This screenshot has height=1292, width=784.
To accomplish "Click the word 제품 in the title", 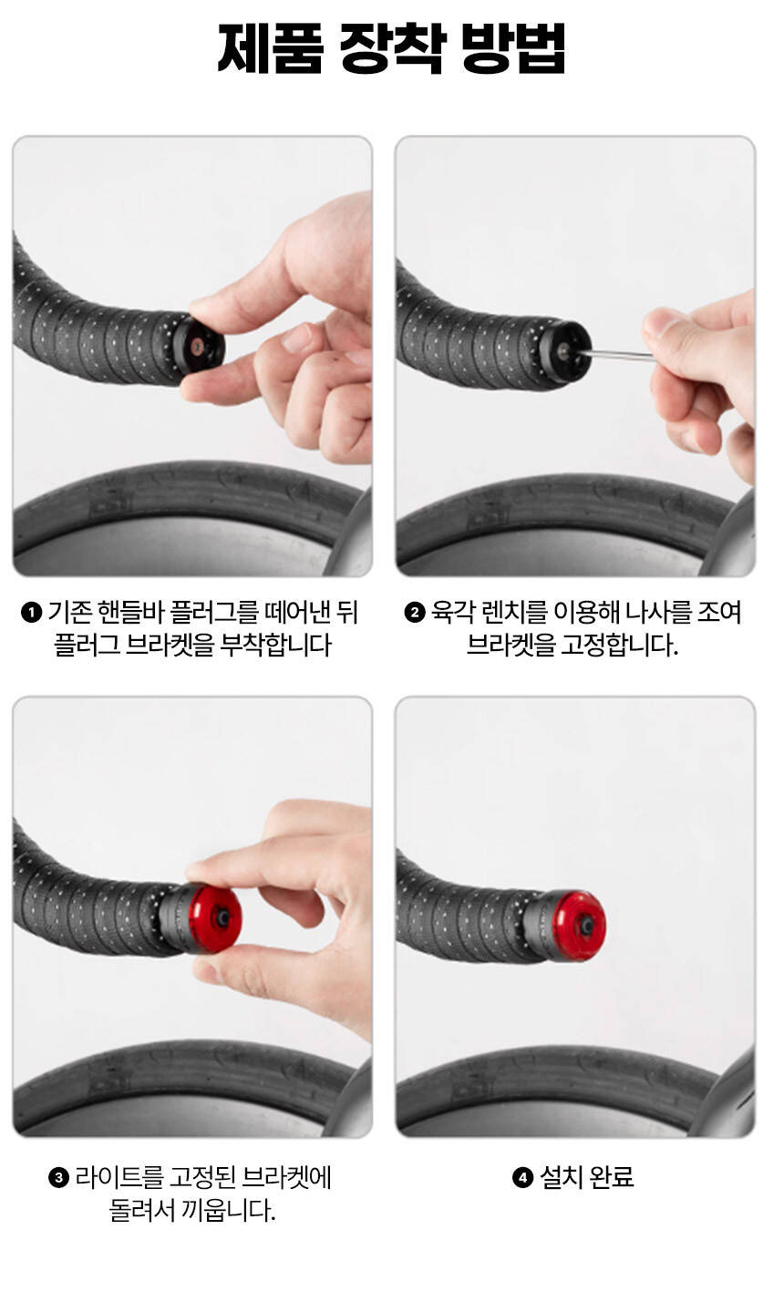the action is (270, 49).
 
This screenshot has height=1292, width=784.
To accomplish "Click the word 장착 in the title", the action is (393, 49).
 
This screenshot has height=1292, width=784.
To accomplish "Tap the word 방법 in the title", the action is (513, 49).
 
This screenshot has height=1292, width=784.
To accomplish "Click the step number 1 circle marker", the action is (31, 612).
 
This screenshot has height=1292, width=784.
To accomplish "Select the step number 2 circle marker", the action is (414, 612).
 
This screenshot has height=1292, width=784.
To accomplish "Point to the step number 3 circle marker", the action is (59, 1177).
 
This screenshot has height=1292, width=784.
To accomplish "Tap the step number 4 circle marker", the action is (522, 1177).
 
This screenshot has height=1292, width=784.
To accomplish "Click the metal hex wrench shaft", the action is (615, 354).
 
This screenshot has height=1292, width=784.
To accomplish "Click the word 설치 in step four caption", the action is (560, 1177).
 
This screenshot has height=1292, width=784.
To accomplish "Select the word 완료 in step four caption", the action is (612, 1177).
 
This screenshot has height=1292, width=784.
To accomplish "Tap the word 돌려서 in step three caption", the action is (141, 1210).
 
